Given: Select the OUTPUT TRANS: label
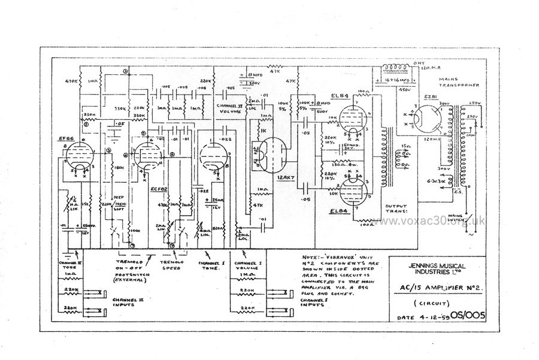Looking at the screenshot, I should coord(394,208).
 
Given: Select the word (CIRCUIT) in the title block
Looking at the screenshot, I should coord(435,302).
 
